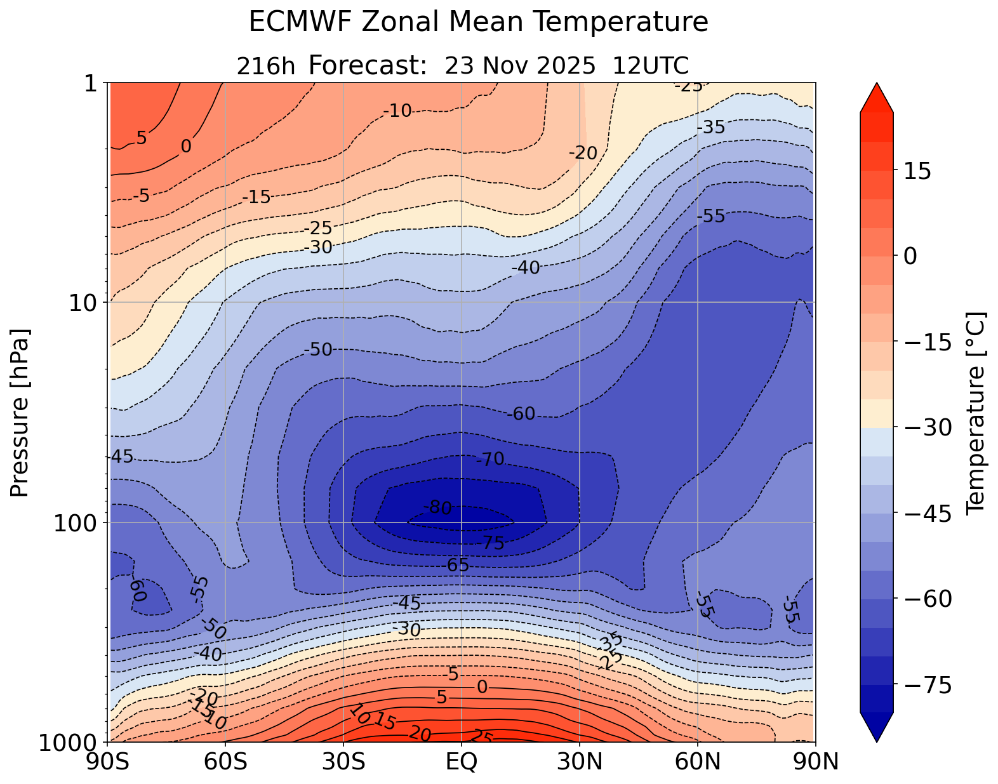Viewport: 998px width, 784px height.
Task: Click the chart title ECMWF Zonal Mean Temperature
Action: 478,22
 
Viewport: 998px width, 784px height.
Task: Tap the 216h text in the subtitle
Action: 265,66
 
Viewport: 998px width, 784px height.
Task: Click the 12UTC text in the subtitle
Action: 651,65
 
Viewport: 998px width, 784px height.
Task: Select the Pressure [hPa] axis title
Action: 20,413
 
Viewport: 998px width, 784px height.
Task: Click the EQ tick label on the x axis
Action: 462,761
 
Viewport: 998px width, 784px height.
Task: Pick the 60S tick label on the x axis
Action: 225,761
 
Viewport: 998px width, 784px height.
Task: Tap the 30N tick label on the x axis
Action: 580,761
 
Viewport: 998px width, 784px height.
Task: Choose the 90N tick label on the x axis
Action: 816,761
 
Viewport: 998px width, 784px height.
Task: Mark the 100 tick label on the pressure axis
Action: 78,523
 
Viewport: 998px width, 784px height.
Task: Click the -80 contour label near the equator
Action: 437,508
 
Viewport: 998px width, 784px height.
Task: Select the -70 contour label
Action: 489,459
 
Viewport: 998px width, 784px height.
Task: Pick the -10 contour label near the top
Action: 397,112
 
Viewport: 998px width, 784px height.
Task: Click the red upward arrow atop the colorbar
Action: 877,97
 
